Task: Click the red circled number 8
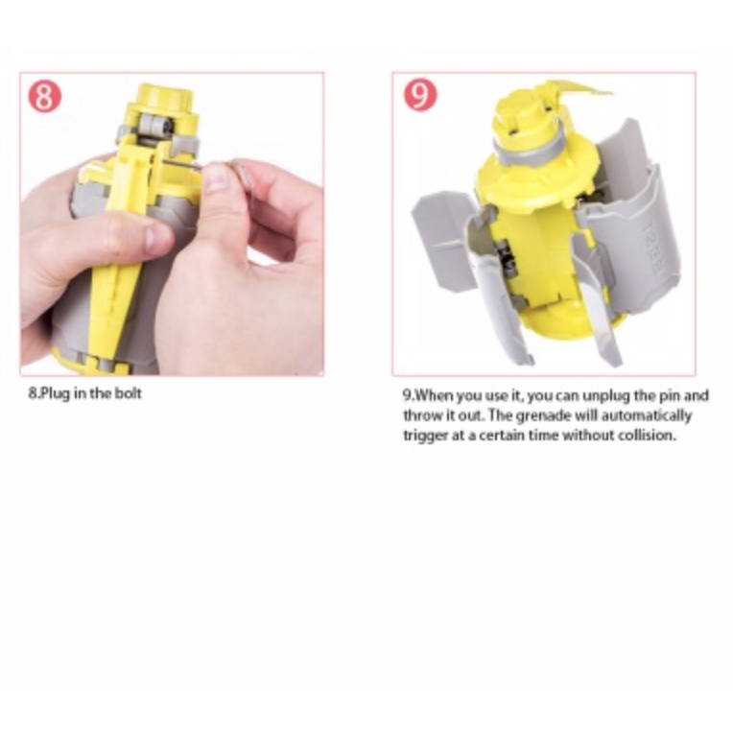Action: coord(44,96)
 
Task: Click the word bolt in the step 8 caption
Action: coord(127,393)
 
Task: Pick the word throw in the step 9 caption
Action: coord(421,415)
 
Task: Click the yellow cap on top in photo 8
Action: coord(164,99)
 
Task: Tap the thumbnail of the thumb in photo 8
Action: coord(218,177)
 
